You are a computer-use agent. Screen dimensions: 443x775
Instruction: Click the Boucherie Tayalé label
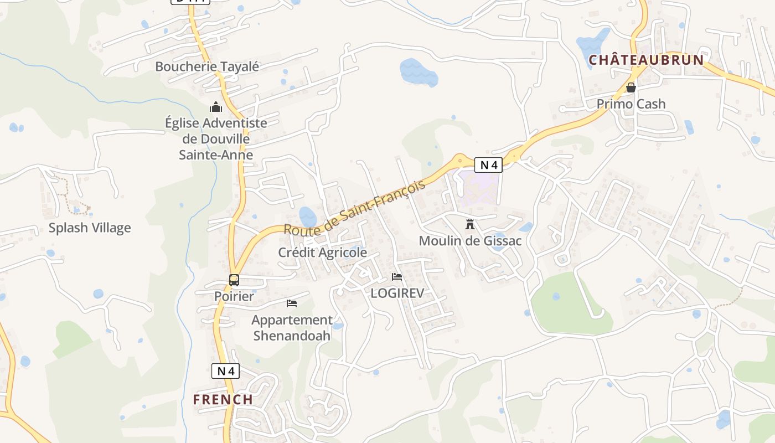coord(207,66)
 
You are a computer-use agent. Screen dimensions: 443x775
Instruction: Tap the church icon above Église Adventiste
coord(216,106)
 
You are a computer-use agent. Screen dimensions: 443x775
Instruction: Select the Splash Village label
coord(90,228)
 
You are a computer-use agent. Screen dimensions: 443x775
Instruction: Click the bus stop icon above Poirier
coord(234,280)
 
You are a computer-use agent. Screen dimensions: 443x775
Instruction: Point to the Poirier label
coord(234,296)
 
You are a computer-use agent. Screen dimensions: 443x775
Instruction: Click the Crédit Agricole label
coord(323,253)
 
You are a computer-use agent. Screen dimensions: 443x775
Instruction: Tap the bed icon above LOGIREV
coord(397,277)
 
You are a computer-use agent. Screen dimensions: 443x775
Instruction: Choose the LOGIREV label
coord(397,293)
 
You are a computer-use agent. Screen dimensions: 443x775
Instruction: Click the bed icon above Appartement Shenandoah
coord(292,303)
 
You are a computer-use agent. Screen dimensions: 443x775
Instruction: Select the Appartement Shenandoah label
coord(292,327)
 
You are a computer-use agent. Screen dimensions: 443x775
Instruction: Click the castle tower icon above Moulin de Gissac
coord(470,224)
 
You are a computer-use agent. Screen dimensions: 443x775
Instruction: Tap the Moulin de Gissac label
coord(470,241)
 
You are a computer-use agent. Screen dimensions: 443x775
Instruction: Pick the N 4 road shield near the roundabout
coord(488,164)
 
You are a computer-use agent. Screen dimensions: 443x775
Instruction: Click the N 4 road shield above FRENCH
coord(225,371)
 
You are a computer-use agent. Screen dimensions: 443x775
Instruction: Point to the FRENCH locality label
coord(223,399)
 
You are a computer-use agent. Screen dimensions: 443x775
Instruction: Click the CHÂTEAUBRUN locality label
coord(646,60)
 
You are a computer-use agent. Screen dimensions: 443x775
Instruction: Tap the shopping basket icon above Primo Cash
coord(631,87)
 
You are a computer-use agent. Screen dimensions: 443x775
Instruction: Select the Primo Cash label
coord(631,104)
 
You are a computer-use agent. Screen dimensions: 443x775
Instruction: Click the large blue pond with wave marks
coord(417,72)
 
